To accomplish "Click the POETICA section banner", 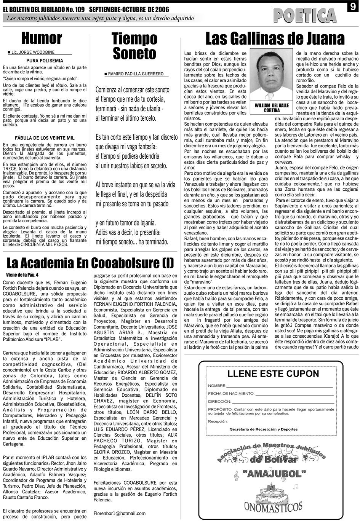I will point(305,16).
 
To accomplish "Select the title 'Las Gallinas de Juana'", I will point(275,39).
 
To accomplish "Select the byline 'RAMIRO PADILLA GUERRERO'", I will point(136,74).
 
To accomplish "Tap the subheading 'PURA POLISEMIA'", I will point(45,61).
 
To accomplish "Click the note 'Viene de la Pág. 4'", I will point(23,274).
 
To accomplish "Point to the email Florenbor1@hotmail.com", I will point(120,513).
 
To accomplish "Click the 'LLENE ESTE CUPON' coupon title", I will point(273,373).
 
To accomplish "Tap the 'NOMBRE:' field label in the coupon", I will point(217,386).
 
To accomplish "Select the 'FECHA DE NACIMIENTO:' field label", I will point(231,393).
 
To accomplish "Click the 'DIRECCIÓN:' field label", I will point(220,401).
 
